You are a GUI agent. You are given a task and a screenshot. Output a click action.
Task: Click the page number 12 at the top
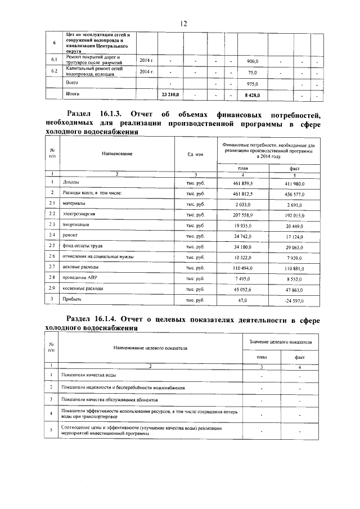(x=183, y=23)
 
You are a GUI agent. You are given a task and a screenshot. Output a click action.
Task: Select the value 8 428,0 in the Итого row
(x=251, y=95)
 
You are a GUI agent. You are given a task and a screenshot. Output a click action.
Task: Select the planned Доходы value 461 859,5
(x=243, y=183)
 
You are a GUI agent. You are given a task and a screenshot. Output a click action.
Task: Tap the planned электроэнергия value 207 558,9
(x=243, y=214)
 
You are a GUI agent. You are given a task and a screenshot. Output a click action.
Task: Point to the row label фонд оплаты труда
(x=83, y=246)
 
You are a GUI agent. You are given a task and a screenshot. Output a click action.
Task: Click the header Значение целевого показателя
(x=284, y=342)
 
